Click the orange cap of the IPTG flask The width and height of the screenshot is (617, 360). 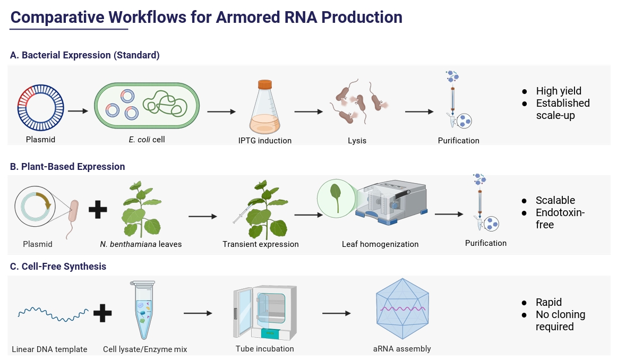click(x=264, y=84)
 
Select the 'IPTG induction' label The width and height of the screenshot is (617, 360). click(x=265, y=141)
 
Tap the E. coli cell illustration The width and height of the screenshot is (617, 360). click(x=147, y=105)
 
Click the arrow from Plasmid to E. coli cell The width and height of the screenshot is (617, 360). click(x=78, y=111)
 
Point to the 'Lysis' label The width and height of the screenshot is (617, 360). click(x=357, y=141)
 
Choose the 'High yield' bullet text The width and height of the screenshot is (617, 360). click(x=559, y=91)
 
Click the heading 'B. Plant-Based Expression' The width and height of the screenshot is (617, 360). click(x=67, y=167)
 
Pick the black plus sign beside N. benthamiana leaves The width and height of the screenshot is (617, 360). click(x=98, y=208)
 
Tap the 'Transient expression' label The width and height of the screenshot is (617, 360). click(x=261, y=244)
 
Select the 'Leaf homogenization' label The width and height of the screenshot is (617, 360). click(x=380, y=244)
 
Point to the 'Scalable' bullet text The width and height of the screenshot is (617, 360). click(x=555, y=200)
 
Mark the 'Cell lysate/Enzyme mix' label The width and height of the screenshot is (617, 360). click(x=145, y=349)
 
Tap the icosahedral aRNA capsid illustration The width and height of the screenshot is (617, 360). click(x=402, y=308)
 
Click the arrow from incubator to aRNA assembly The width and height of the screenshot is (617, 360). click(x=336, y=313)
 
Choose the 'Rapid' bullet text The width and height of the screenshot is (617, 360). click(x=549, y=302)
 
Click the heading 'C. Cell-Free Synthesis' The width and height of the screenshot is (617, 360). click(x=58, y=267)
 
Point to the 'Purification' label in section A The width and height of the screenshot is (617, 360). click(x=459, y=141)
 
